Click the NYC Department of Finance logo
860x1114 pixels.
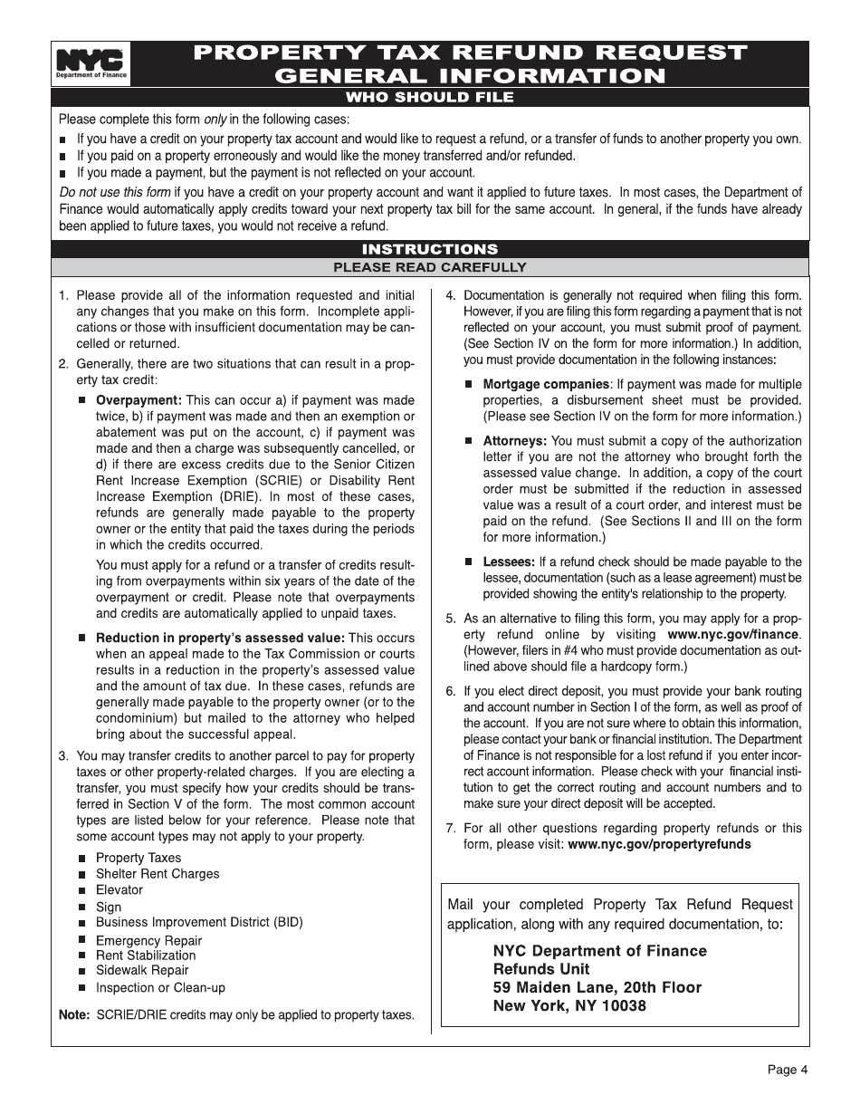(91, 64)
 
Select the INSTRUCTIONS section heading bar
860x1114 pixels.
(430, 249)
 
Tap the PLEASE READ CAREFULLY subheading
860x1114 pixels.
(430, 267)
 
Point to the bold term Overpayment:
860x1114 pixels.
(139, 400)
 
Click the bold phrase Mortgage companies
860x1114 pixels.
(545, 384)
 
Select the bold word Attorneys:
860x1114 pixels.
(514, 441)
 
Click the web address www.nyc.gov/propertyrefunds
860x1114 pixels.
(659, 844)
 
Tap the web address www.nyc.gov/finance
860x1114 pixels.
(734, 634)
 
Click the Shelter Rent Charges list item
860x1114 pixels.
(158, 874)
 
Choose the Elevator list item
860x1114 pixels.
(119, 890)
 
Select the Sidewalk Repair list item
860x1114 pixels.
(142, 970)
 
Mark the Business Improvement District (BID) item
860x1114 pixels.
(199, 922)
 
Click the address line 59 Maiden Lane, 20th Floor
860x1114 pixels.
(597, 987)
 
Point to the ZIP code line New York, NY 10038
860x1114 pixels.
(569, 1005)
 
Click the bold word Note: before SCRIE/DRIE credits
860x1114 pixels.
(74, 1015)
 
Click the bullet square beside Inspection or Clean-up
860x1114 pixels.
(82, 988)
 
